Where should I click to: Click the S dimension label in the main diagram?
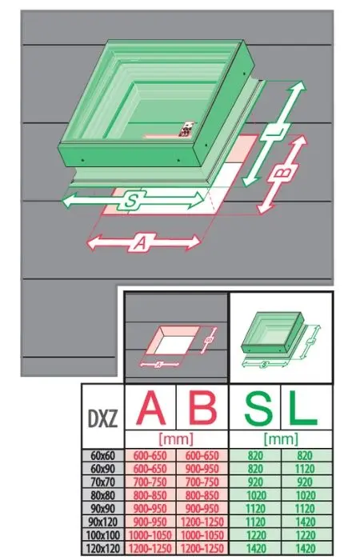133,200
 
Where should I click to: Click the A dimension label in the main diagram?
142,243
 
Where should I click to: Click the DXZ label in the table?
102,418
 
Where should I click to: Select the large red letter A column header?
151,407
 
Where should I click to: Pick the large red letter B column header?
202,407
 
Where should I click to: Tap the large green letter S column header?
259,407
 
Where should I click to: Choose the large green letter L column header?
303,407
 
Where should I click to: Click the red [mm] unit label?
176,438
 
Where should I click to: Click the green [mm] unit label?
281,438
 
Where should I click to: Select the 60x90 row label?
103,469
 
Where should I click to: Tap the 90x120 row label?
103,522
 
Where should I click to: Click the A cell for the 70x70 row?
150,482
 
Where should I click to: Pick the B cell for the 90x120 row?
202,522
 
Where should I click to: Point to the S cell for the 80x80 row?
256,495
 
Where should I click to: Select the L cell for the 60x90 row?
306,469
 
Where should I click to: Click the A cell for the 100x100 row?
150,534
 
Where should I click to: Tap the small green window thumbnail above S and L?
280,338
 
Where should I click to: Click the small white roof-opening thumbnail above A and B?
175,344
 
